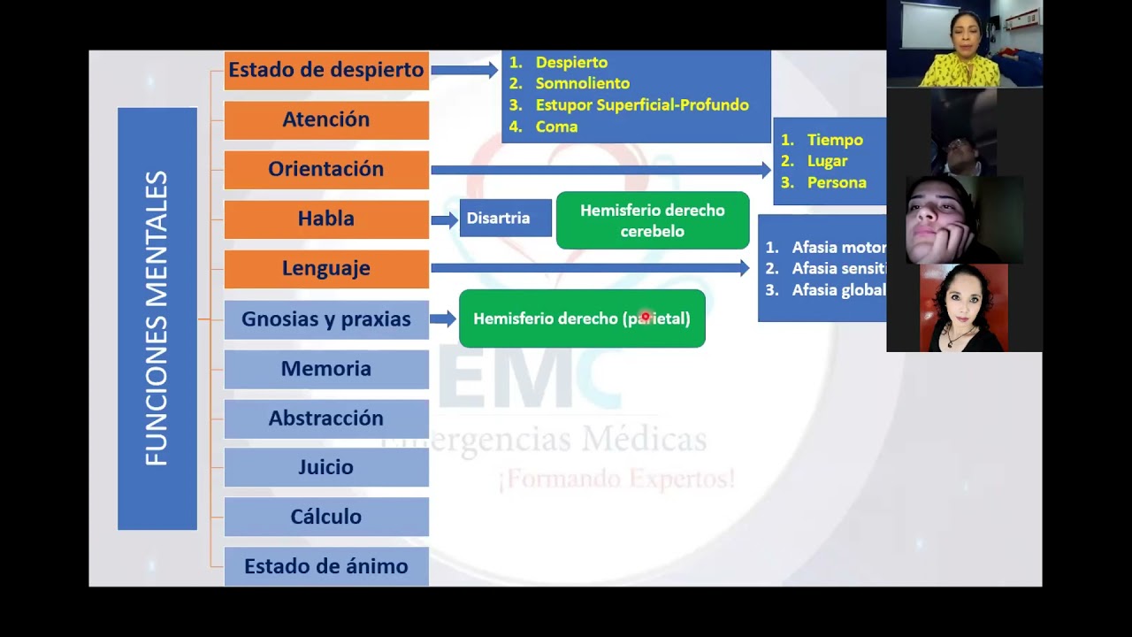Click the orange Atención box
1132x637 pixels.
click(326, 119)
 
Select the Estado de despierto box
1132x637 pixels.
click(326, 70)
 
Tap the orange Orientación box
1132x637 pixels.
click(326, 169)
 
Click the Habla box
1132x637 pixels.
click(326, 219)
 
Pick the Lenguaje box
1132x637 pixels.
click(326, 268)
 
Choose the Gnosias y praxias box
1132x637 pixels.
click(326, 318)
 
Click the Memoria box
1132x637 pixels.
click(326, 368)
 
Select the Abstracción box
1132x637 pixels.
click(326, 418)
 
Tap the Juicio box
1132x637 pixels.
click(326, 467)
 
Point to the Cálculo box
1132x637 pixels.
click(326, 517)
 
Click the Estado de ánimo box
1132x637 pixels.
click(326, 566)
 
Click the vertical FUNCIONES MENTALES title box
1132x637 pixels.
click(157, 318)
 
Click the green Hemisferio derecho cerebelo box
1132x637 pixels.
click(653, 220)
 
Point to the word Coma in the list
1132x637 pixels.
click(556, 127)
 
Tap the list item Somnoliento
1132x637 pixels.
click(582, 83)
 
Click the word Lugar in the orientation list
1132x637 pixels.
click(827, 161)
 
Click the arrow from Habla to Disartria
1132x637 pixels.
click(444, 219)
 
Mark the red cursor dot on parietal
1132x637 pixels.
click(645, 316)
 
